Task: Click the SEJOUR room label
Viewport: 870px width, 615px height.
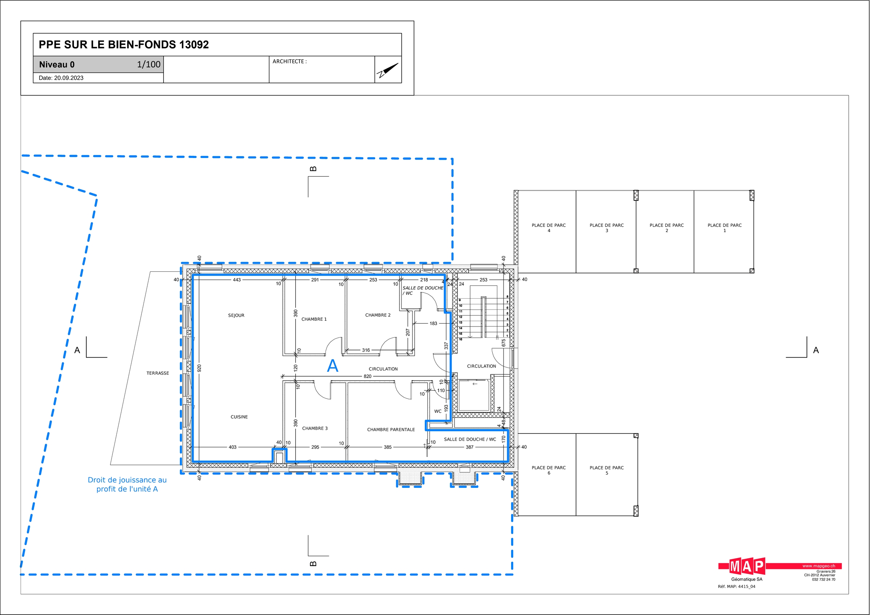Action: tap(236, 315)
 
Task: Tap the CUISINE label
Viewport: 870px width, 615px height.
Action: tap(239, 417)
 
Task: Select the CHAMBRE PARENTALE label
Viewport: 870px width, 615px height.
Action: tap(391, 429)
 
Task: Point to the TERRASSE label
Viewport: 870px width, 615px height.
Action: tap(158, 373)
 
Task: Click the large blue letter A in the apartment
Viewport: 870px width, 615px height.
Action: tap(332, 366)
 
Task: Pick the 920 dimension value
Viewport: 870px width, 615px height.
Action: tap(199, 368)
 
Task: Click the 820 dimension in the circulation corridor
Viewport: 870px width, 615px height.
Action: tap(368, 376)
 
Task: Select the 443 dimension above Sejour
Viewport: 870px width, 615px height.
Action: tap(237, 280)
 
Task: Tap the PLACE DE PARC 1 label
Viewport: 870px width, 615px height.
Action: tap(725, 228)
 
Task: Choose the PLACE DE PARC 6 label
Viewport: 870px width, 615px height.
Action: tap(549, 470)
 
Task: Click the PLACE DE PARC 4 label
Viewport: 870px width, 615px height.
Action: tap(549, 228)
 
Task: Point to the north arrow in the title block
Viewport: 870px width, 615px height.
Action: tap(388, 70)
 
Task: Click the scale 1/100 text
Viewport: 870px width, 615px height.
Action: tap(149, 65)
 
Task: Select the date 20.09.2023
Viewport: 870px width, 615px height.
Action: tap(69, 78)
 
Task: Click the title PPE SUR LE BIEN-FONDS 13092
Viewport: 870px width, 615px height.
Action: tap(124, 45)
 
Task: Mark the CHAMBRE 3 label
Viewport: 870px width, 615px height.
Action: tap(315, 428)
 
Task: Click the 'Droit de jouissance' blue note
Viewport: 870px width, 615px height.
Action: tap(127, 484)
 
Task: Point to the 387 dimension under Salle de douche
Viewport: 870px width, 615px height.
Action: tap(469, 447)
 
